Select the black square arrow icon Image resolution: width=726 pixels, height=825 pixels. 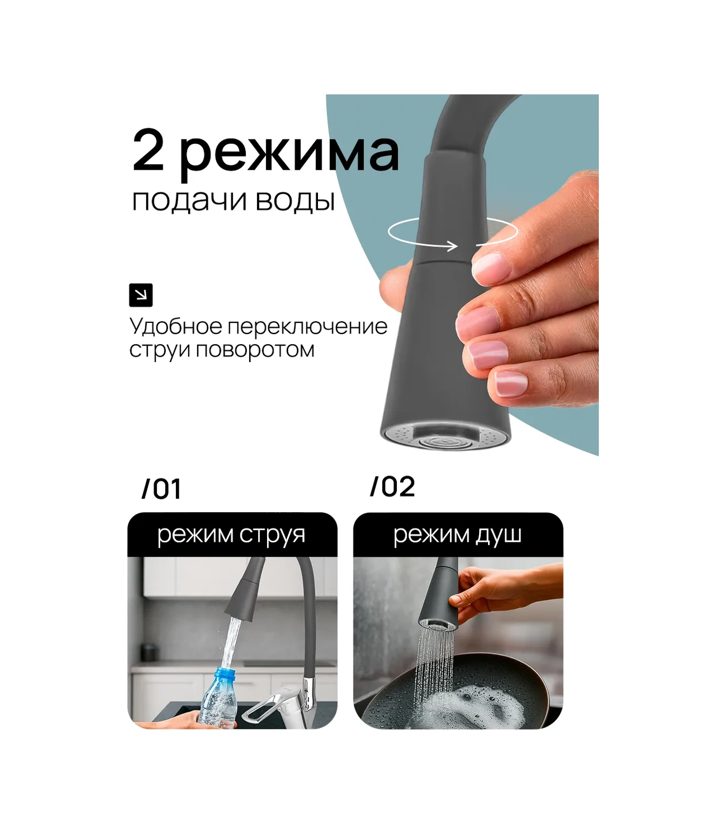[141, 295]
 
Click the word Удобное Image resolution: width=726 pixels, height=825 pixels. [176, 326]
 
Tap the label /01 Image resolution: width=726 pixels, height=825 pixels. [162, 489]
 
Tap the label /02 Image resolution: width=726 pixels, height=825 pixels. [393, 487]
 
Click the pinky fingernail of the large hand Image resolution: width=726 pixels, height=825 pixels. [511, 382]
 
